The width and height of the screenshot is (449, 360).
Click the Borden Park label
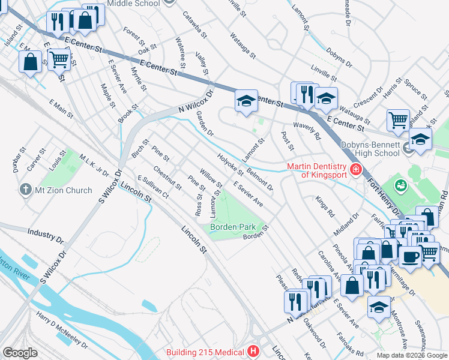(233, 227)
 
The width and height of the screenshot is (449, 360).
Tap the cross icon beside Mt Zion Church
(25, 190)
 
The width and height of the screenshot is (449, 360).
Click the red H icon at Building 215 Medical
(253, 352)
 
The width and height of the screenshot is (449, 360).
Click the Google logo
(20, 352)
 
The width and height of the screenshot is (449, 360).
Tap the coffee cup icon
(410, 256)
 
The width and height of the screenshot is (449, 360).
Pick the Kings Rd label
(324, 205)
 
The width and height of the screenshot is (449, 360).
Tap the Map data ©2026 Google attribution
(412, 355)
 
